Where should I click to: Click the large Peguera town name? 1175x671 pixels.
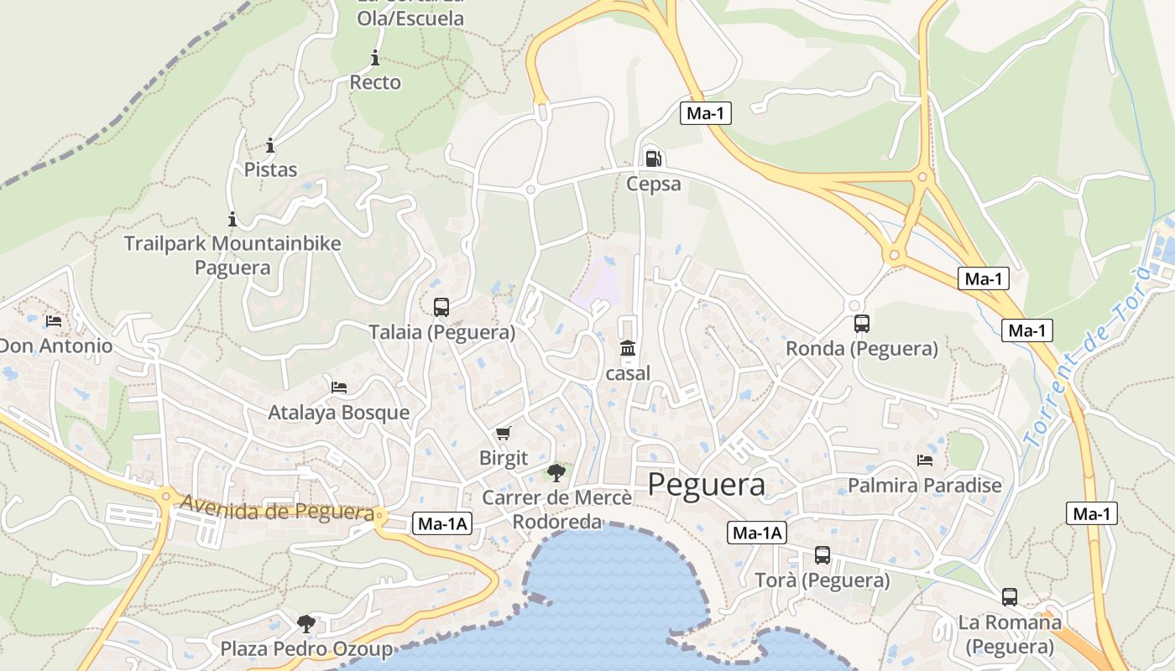[x=707, y=485]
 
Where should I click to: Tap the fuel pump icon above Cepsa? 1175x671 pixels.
[x=652, y=159]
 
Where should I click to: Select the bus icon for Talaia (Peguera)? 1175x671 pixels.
[x=441, y=308]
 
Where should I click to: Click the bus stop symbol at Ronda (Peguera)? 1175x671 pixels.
[x=861, y=324]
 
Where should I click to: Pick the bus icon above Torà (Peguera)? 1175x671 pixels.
[x=822, y=555]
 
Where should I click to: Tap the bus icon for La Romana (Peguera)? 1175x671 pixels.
[x=1009, y=597]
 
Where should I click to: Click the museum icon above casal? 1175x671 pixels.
[x=627, y=348]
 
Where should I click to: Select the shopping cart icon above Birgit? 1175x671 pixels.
[x=503, y=433]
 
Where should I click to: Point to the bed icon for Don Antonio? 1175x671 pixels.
[x=54, y=321]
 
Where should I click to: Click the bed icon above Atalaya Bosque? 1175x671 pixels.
[x=339, y=388]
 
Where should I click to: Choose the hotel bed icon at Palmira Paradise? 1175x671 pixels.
[x=925, y=460]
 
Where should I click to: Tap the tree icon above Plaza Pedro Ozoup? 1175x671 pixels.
[x=305, y=623]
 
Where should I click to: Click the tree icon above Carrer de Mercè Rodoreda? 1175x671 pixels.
[x=556, y=472]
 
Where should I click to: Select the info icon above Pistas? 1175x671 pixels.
[x=270, y=145]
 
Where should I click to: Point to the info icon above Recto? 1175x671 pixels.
[x=374, y=58]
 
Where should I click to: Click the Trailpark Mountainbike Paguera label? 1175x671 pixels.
[x=232, y=255]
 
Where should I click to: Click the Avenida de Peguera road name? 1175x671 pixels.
[x=277, y=509]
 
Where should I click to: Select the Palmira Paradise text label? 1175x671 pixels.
[x=925, y=486]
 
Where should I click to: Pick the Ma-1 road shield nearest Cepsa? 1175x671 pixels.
[x=705, y=113]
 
